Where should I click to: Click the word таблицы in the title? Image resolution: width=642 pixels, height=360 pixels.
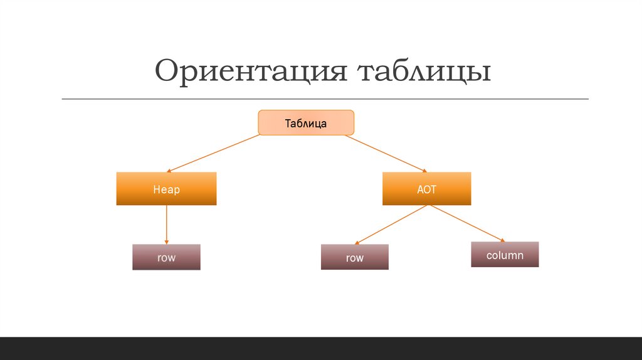(x=424, y=71)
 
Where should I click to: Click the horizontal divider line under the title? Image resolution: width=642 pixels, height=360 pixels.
(x=325, y=99)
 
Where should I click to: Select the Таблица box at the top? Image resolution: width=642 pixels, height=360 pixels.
(x=306, y=123)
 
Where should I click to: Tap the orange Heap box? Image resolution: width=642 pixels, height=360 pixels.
(x=166, y=189)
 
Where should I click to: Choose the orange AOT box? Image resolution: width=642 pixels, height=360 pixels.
(x=426, y=189)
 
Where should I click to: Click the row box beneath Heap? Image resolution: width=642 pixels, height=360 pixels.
(x=166, y=257)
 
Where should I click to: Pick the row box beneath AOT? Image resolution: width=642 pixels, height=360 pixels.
(x=355, y=257)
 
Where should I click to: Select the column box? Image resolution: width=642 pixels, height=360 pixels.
(x=505, y=255)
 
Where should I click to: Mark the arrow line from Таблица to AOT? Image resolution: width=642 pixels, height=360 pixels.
(x=386, y=152)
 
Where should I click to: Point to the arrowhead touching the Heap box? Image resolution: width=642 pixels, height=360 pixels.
(x=170, y=170)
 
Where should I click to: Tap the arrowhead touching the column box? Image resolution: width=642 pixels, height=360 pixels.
(x=501, y=240)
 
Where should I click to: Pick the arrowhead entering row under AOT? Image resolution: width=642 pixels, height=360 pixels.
(x=357, y=242)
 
